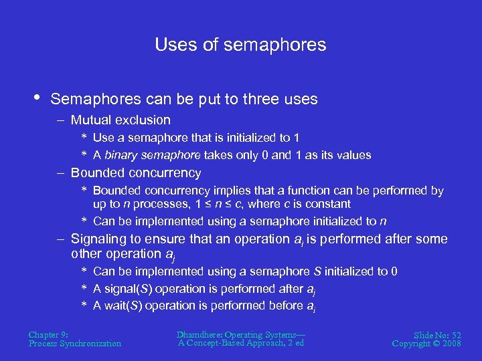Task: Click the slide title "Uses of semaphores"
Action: tap(240, 45)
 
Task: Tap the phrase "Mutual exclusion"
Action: tap(120, 120)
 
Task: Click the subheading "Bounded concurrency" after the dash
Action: tap(136, 173)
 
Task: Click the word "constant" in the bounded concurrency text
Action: tap(328, 204)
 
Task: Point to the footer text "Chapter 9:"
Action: tap(49, 334)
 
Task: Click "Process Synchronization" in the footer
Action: tap(75, 344)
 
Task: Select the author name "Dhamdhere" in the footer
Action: tap(200, 334)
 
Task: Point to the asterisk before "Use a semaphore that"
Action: tap(85, 138)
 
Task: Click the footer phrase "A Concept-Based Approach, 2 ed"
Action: tap(241, 343)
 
